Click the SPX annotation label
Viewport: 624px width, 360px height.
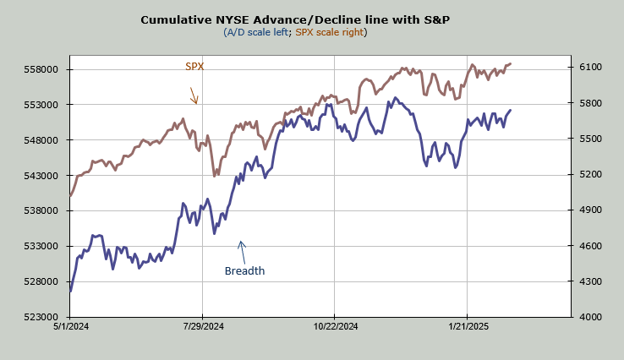click(x=194, y=66)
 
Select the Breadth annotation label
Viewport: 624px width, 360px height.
click(x=244, y=271)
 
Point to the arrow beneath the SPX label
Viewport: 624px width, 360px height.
click(x=194, y=95)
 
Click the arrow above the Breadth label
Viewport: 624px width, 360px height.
click(x=242, y=249)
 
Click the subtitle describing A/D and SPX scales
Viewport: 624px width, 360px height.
click(x=295, y=32)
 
